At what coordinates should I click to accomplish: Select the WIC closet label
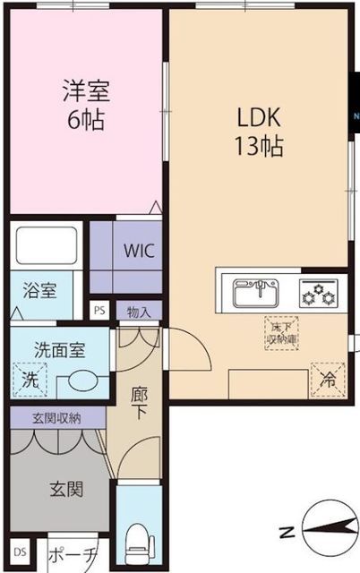pos(137,251)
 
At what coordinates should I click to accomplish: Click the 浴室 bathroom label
pos(39,291)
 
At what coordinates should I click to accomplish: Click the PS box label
pos(100,311)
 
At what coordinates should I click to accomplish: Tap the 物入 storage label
pos(138,312)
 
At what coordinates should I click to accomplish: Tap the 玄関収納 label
pos(57,417)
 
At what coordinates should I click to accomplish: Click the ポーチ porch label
pos(72,554)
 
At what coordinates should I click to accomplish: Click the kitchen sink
pos(256,292)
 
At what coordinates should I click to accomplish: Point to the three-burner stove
pos(318,291)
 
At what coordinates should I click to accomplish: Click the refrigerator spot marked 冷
pos(326,380)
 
